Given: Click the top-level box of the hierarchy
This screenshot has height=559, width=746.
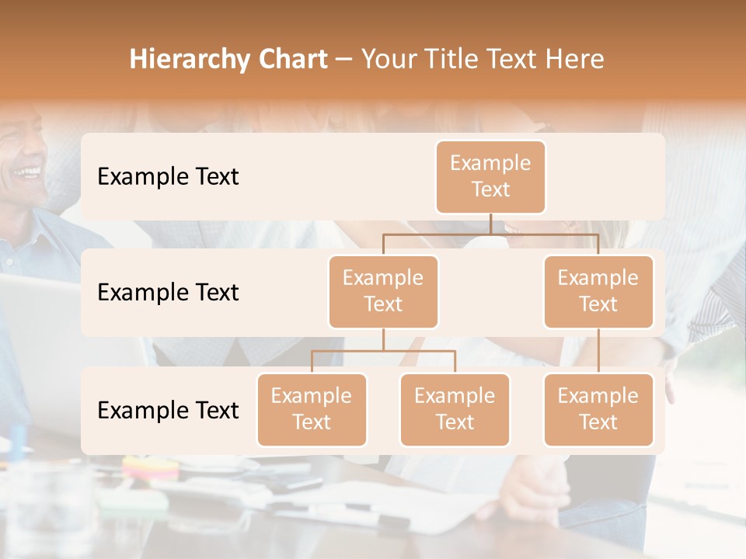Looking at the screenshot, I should [490, 176].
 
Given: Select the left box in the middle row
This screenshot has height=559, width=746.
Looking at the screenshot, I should [383, 291].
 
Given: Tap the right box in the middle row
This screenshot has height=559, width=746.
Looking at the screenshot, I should [598, 291].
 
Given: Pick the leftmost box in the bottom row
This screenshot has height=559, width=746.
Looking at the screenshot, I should [312, 409].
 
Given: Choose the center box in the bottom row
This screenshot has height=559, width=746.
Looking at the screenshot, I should [455, 409].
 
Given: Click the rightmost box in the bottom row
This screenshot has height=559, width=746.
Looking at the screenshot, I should [598, 409].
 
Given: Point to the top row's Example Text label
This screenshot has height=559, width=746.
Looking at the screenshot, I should [168, 177].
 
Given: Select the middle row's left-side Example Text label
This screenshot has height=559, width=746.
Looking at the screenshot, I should [168, 293].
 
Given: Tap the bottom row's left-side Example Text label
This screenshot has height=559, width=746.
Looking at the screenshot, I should [168, 411].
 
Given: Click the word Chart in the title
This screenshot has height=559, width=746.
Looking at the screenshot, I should [289, 59].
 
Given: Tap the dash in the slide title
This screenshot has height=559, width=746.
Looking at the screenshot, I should [344, 61].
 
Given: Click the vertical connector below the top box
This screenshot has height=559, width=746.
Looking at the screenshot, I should [490, 224].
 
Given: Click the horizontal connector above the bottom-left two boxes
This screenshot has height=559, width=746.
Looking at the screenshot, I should [383, 351].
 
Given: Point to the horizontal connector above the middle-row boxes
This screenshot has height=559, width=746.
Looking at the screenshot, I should [490, 234].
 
